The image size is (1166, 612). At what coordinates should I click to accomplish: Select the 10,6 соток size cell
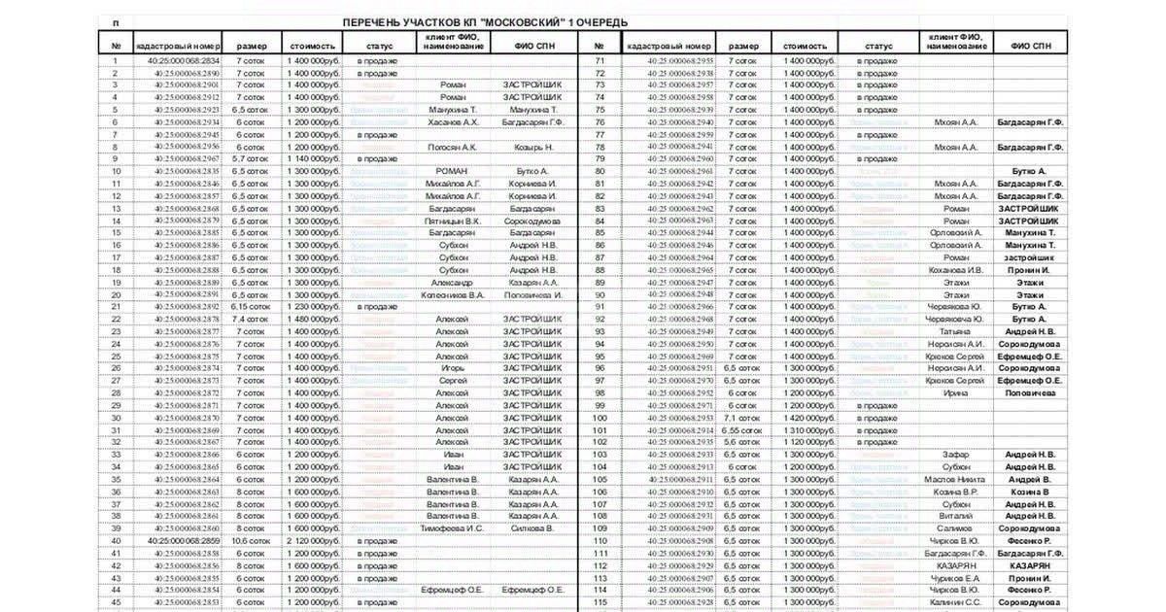(250, 540)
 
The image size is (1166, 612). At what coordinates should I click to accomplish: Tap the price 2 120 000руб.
(314, 540)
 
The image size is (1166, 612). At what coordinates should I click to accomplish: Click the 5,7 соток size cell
(250, 158)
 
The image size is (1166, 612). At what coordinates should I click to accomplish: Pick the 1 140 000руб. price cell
(314, 158)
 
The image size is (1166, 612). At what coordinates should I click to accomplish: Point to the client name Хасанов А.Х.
(453, 122)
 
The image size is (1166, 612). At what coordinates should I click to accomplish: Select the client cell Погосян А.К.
(453, 147)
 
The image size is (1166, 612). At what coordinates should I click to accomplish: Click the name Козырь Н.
(532, 147)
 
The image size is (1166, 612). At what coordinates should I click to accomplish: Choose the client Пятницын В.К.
(453, 221)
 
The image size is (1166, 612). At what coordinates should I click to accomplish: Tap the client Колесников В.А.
(453, 294)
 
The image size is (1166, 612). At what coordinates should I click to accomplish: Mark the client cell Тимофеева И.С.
(453, 527)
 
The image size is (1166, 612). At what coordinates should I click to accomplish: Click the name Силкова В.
(532, 527)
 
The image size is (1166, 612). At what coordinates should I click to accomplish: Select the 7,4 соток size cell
(250, 319)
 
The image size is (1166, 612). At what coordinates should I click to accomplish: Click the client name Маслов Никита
(954, 479)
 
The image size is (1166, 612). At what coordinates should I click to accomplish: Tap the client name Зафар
(954, 455)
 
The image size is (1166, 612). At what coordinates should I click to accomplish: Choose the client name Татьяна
(954, 331)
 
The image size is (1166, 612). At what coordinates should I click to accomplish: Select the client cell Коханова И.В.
(954, 270)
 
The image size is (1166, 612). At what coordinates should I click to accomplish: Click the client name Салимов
(954, 527)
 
